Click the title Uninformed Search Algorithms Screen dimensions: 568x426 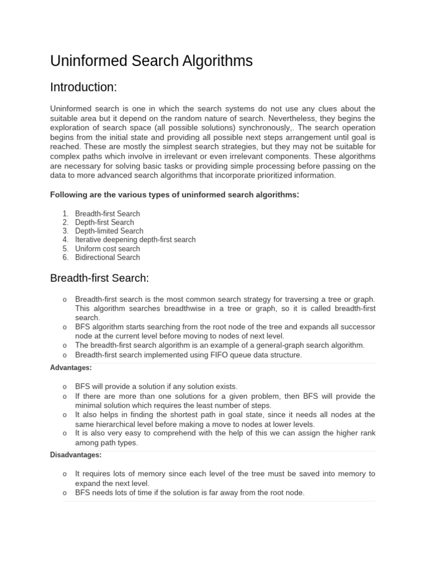click(151, 61)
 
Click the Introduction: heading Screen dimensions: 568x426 click(83, 87)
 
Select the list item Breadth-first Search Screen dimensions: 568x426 click(108, 214)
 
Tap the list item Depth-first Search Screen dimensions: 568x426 click(104, 222)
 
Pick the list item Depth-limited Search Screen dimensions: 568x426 click(109, 231)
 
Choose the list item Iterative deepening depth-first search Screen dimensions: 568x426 click(135, 240)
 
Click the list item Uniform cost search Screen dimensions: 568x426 click(108, 248)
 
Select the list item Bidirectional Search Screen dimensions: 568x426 click(108, 257)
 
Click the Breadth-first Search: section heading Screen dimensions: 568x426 click(100, 277)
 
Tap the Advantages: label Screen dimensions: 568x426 click(71, 368)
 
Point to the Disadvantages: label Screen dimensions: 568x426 click(76, 455)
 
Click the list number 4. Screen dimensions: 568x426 click(65, 240)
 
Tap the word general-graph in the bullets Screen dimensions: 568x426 click(279, 345)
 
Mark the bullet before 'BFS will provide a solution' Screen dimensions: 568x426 click(65, 387)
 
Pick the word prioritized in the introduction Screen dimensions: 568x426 click(274, 175)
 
